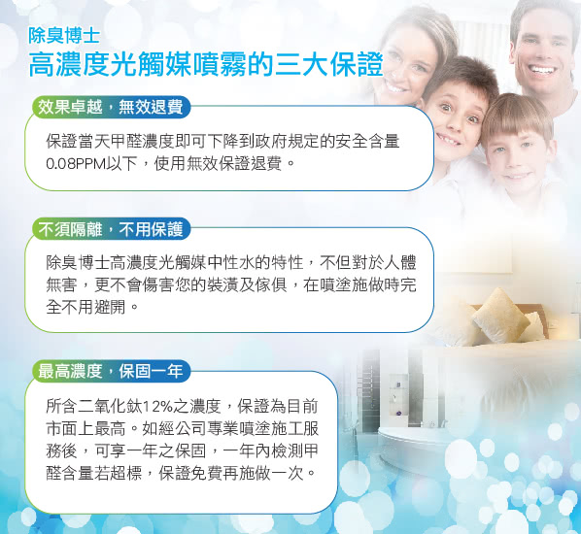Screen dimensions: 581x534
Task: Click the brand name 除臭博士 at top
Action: pyautogui.click(x=64, y=36)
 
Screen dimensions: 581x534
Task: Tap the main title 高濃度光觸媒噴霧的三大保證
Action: pyautogui.click(x=206, y=65)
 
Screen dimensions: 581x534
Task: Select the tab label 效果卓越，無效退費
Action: pyautogui.click(x=111, y=108)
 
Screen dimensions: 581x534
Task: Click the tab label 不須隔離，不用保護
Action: pyautogui.click(x=111, y=229)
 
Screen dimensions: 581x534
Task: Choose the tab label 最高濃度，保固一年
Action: pyautogui.click(x=111, y=371)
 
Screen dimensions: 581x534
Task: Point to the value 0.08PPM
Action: pyautogui.click(x=76, y=163)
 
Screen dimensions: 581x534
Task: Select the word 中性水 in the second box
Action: pyautogui.click(x=230, y=262)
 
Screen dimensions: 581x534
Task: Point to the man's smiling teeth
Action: pyautogui.click(x=542, y=70)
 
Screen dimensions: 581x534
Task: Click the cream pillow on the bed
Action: pyautogui.click(x=501, y=316)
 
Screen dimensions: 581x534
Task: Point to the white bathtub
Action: pyautogui.click(x=411, y=449)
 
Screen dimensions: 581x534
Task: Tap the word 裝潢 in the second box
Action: pyautogui.click(x=222, y=284)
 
